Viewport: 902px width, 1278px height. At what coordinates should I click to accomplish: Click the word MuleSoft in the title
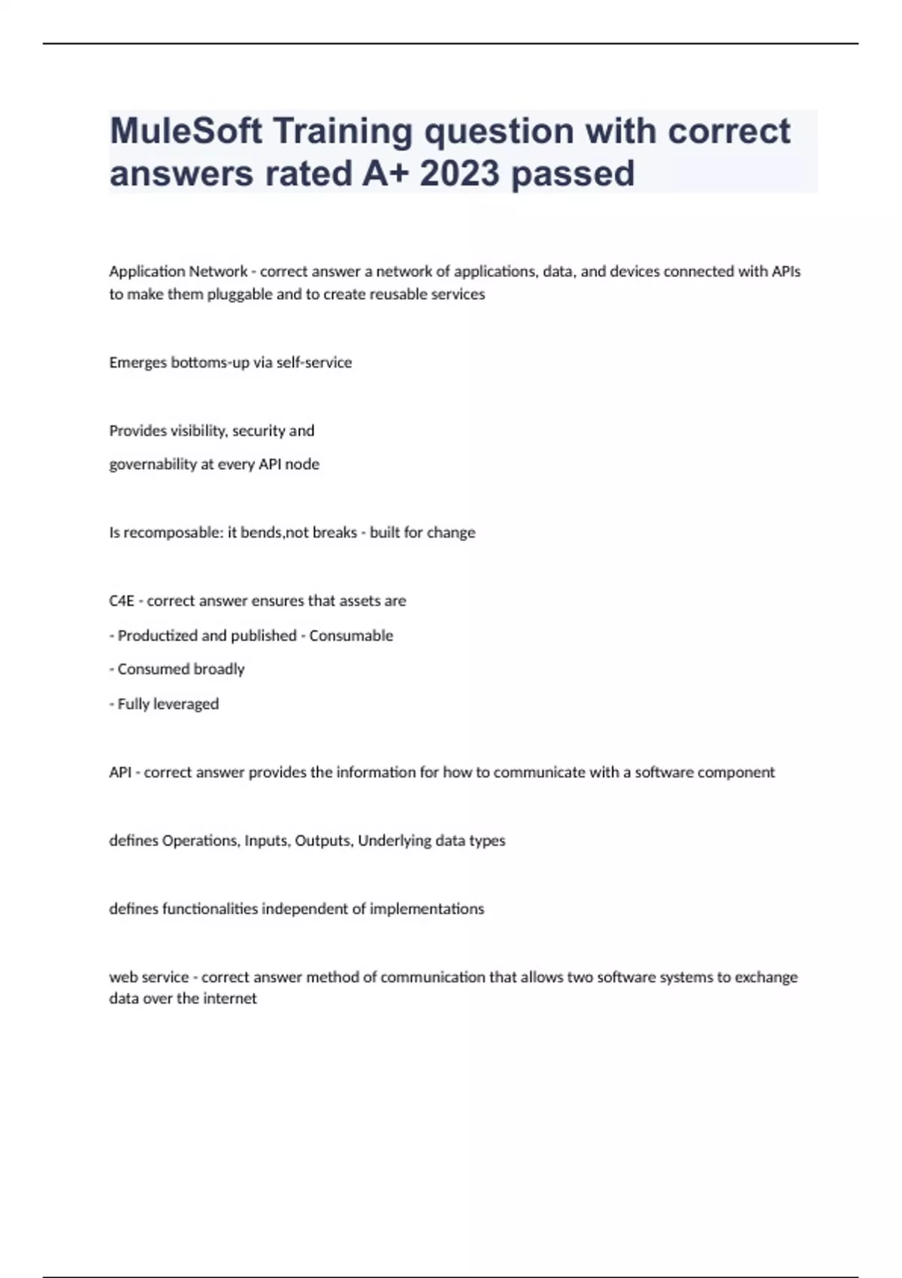coord(186,132)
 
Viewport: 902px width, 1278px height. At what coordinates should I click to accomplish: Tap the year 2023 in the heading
coord(459,174)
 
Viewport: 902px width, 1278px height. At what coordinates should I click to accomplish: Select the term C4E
coord(122,601)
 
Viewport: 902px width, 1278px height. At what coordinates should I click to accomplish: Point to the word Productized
coord(158,635)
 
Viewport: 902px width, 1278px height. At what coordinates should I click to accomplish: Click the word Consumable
coord(351,635)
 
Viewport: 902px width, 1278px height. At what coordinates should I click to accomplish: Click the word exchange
coord(766,977)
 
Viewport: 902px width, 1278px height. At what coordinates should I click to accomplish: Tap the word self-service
coord(314,362)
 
